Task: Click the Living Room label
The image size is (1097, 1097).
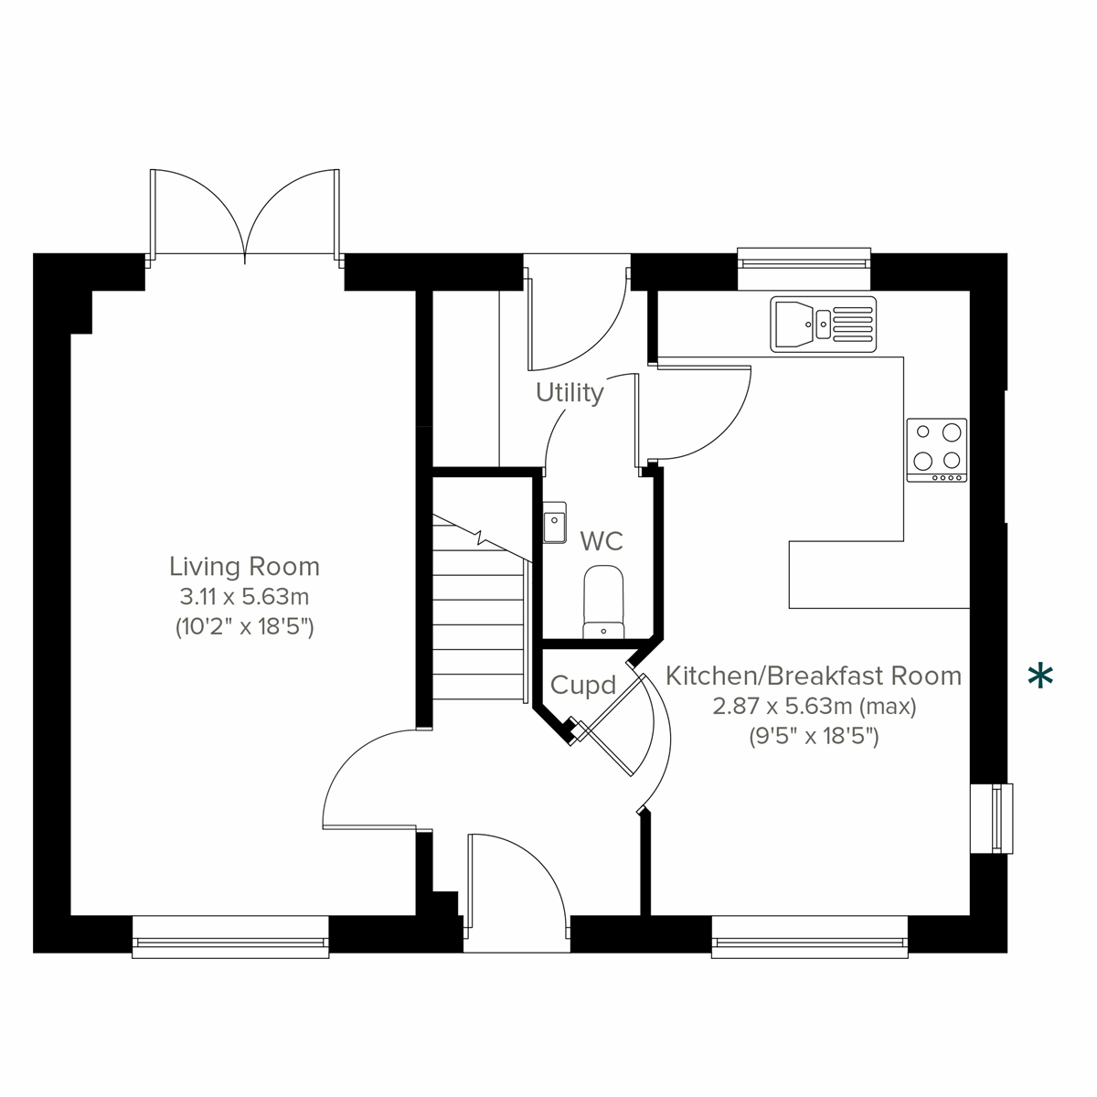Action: [244, 567]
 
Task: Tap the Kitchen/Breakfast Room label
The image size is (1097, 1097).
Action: [813, 676]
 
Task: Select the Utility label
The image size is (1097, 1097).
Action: [570, 393]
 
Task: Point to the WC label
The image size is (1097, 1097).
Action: [602, 541]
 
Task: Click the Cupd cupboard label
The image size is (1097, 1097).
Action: [582, 685]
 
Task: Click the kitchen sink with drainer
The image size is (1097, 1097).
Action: [823, 324]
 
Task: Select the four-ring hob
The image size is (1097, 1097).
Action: [936, 450]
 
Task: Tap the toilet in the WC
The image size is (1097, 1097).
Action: [602, 601]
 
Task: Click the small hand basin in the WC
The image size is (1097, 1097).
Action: [555, 523]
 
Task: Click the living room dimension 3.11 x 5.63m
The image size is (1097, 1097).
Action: [244, 598]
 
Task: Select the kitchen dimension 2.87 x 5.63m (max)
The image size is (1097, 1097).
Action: [813, 707]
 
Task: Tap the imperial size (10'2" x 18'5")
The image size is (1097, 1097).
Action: [244, 628]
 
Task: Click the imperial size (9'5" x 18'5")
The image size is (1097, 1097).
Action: [813, 737]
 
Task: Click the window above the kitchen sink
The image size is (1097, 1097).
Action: [804, 260]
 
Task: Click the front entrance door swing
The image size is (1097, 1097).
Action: [517, 878]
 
